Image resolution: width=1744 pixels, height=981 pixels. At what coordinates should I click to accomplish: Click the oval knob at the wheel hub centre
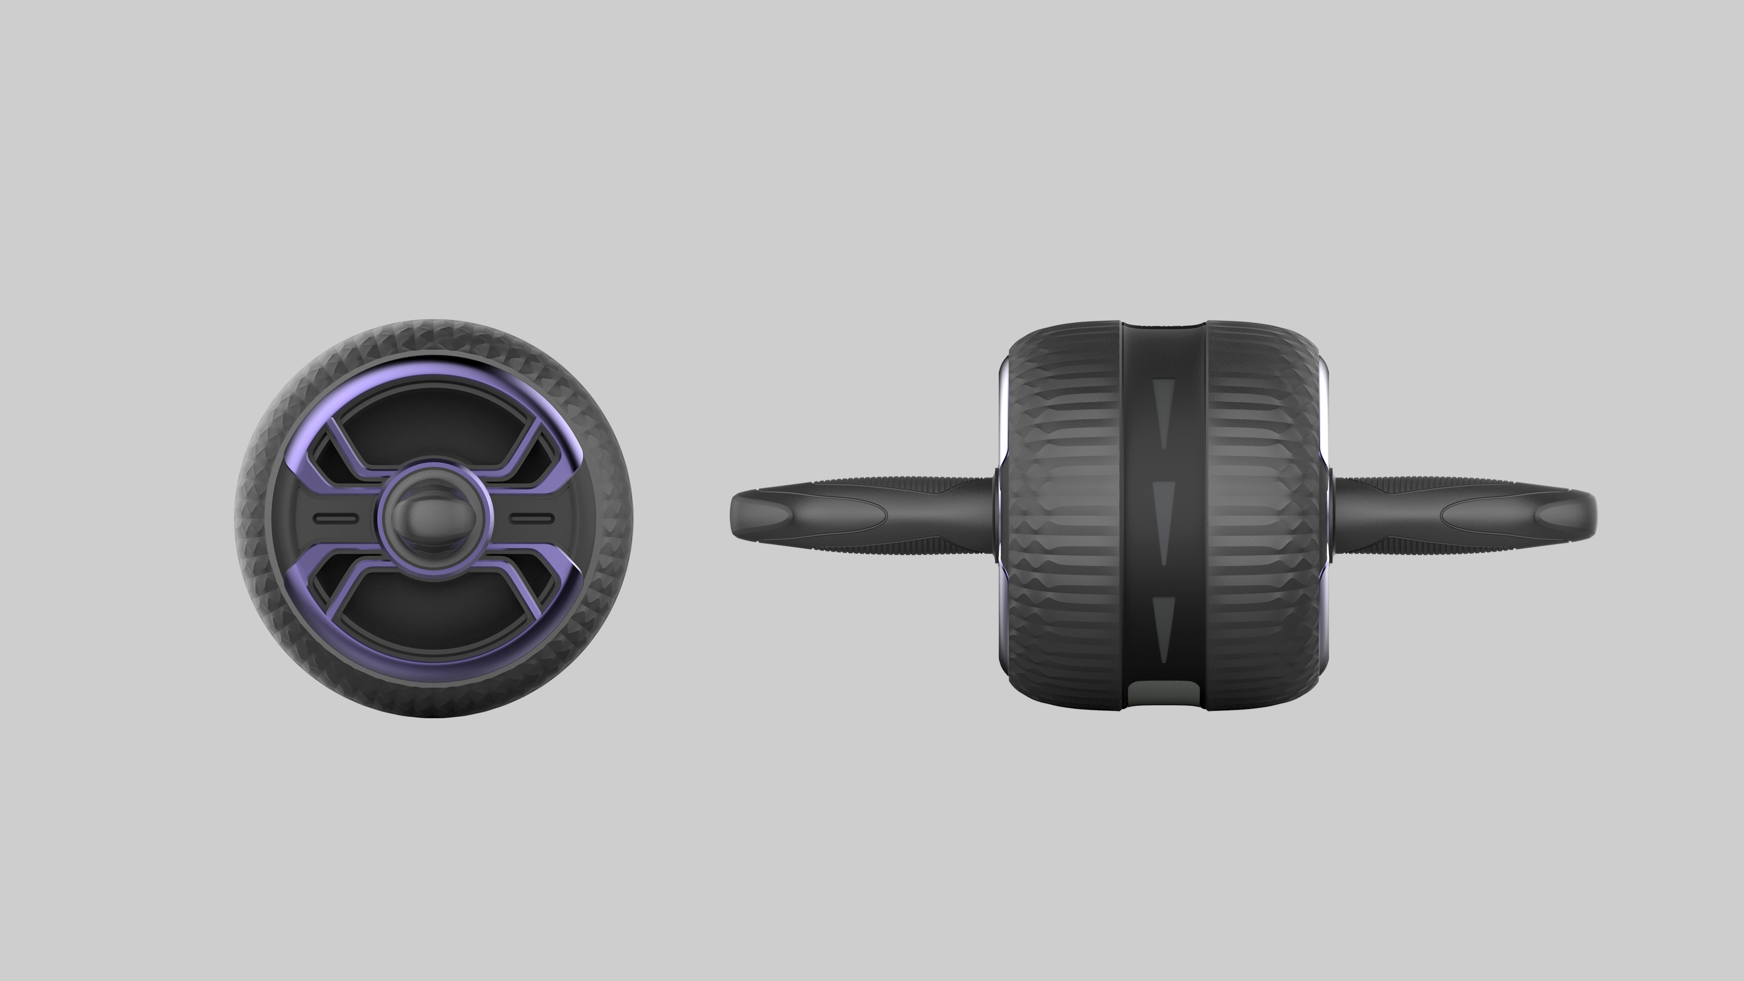click(434, 519)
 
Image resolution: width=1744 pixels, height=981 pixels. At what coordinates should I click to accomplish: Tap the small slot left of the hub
click(336, 519)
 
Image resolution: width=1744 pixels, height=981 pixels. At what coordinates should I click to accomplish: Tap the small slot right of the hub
click(532, 519)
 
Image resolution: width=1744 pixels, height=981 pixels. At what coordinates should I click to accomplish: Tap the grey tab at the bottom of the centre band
click(1163, 694)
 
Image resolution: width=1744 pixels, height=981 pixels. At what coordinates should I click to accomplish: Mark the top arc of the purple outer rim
click(434, 369)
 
